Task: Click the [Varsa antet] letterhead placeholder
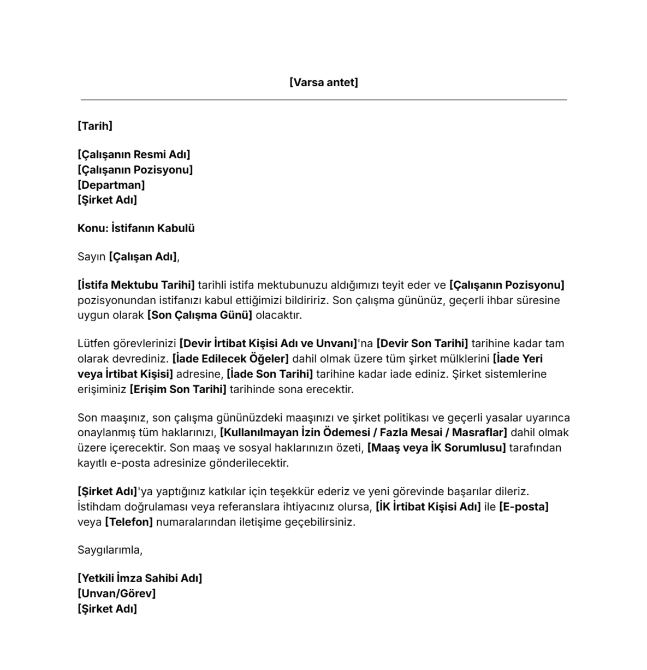[x=324, y=82]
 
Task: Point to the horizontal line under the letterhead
[x=324, y=100]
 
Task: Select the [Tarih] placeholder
[x=95, y=126]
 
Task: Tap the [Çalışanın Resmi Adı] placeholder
[x=134, y=155]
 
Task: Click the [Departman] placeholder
[x=111, y=185]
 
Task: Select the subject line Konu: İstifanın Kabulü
[x=136, y=228]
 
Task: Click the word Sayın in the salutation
[x=91, y=257]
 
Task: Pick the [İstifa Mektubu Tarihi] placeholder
[x=136, y=285]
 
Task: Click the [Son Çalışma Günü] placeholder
[x=200, y=315]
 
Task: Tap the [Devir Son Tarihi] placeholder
[x=422, y=343]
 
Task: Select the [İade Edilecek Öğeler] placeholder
[x=230, y=359]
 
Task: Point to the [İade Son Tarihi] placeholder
[x=270, y=374]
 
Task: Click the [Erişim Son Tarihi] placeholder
[x=178, y=389]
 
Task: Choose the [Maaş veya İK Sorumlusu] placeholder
[x=436, y=448]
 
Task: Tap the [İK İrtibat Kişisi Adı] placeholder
[x=428, y=507]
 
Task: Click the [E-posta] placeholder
[x=524, y=507]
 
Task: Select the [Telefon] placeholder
[x=129, y=522]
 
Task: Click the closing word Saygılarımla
[x=110, y=550]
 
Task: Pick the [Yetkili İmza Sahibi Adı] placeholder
[x=140, y=578]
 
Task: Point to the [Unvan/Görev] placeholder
[x=117, y=594]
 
